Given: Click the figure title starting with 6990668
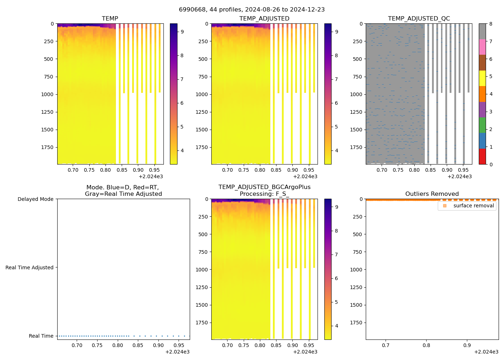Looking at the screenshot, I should tap(252, 10).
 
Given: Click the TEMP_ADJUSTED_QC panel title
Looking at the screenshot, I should tap(419, 18).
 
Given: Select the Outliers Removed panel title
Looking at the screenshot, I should tap(432, 194).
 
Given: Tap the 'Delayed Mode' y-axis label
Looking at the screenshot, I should tap(35, 199).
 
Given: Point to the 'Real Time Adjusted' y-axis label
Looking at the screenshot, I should tap(29, 267).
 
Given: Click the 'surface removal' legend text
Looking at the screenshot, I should tap(473, 206).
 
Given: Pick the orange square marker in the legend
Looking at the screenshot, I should tap(445, 206).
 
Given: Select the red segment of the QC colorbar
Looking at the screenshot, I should tap(482, 157).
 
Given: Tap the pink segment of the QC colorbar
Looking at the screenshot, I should tap(482, 47).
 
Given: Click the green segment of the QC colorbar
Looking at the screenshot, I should tap(482, 125).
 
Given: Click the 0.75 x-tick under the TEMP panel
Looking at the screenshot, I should tap(89, 170).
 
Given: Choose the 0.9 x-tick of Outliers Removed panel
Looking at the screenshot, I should tap(467, 345).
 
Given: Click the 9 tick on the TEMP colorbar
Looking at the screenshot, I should tap(182, 32).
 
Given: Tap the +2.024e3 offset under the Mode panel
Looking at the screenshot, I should tap(177, 352).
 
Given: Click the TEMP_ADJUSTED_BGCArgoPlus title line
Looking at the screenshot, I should tap(264, 187).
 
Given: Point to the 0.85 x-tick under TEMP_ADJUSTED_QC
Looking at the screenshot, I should tap(431, 170).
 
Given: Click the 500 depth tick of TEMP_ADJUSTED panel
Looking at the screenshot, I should tap(203, 59).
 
